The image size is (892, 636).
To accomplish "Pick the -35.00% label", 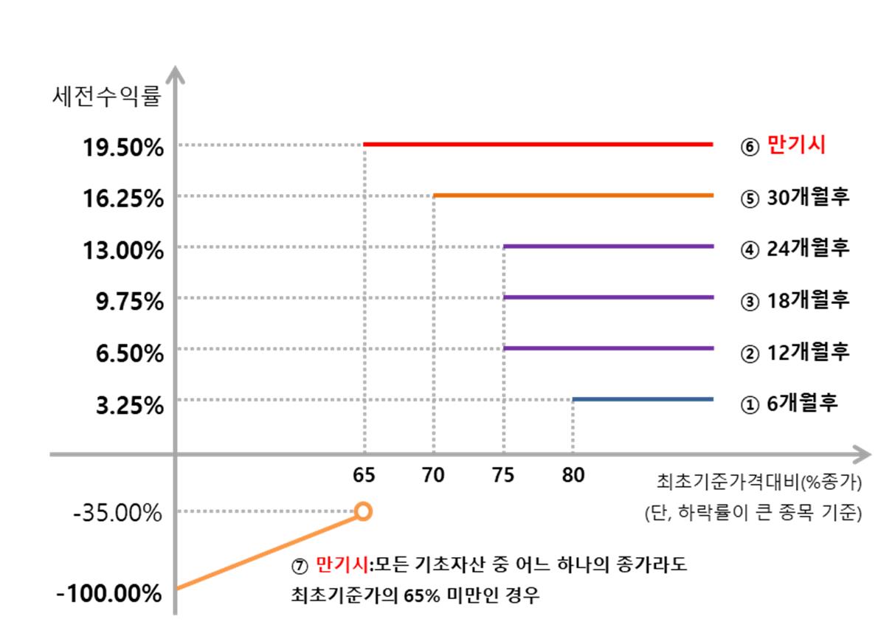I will coord(118,513).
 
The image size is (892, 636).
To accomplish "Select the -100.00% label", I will coord(109,592).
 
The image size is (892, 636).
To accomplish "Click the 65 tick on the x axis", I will coord(364,475).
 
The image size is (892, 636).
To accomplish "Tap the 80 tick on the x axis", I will coord(573,475).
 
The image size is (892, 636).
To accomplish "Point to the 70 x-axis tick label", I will coord(433,475).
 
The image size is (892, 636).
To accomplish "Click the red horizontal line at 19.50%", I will coord(539,145).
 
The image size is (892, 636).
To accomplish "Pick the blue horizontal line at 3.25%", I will coord(643,399).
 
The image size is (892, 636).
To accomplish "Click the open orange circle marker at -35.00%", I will coord(363,511).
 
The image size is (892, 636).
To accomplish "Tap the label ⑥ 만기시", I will coord(783,145).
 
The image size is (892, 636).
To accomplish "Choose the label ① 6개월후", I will coord(789,404).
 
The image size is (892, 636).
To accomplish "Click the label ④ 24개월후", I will coord(795,248).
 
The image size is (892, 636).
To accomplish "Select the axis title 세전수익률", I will coord(106,97).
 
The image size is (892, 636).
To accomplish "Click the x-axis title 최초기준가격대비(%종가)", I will coord(759,483).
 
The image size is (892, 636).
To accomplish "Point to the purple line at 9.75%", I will coord(609,297).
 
